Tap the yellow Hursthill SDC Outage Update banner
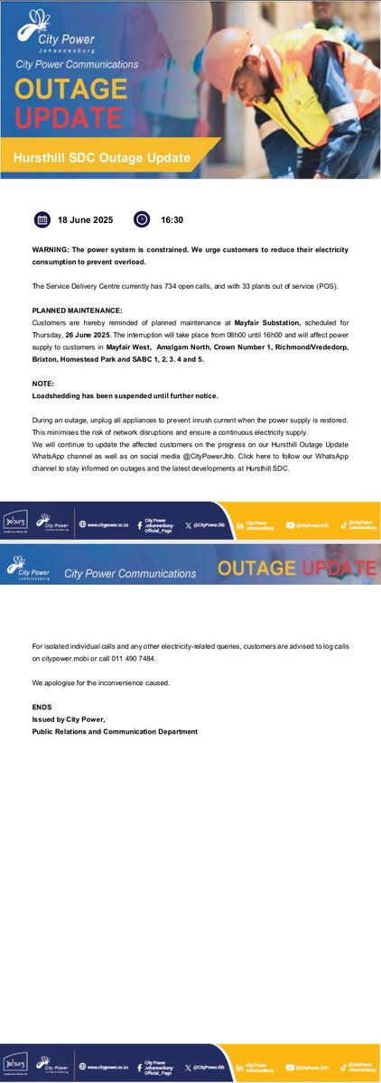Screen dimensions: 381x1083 (101, 157)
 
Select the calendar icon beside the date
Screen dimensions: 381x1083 (42, 219)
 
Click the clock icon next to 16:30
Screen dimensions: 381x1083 (141, 219)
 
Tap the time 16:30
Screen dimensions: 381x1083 (172, 219)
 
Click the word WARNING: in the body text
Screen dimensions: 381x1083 (53, 249)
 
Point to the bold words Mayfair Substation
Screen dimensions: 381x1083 (256, 321)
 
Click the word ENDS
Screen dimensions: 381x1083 (42, 707)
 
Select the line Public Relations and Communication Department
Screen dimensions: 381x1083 (114, 731)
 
